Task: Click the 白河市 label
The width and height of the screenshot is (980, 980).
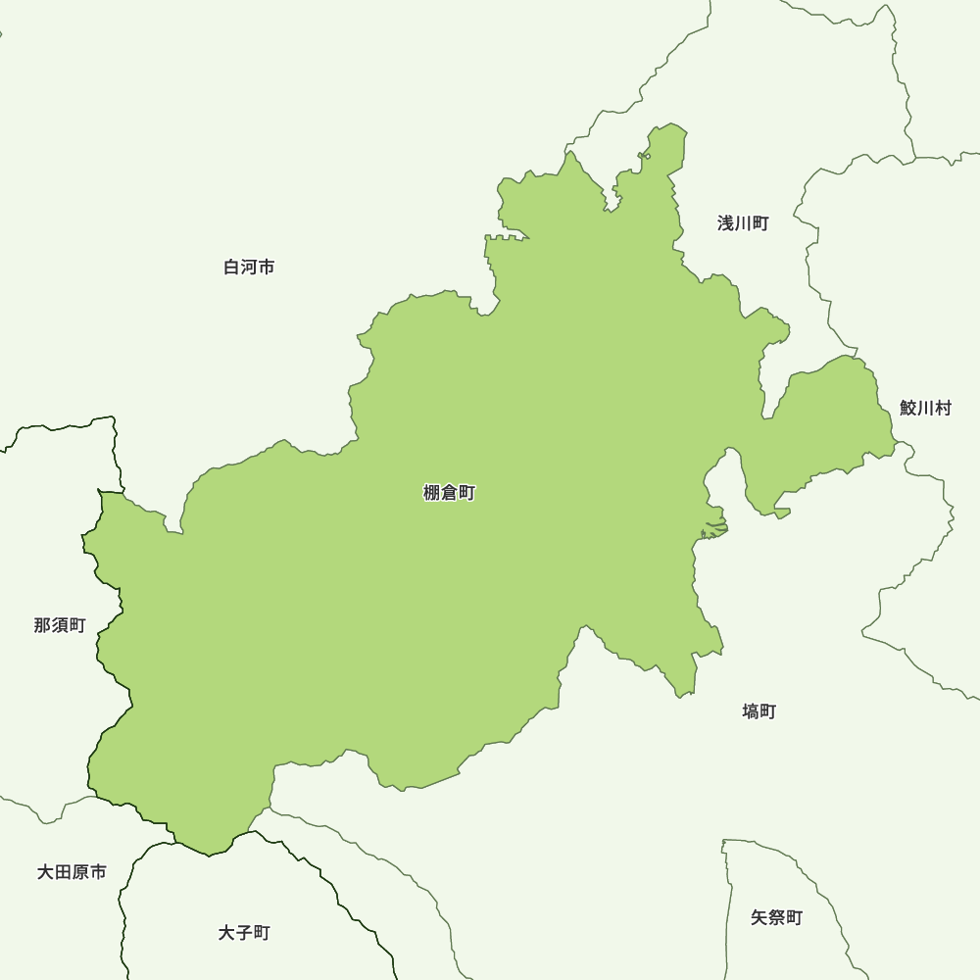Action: (249, 267)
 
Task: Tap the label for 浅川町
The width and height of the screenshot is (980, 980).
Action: (743, 223)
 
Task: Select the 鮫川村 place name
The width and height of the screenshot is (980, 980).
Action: (925, 408)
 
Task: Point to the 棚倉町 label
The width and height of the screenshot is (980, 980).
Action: (449, 493)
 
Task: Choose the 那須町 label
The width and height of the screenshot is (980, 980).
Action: (60, 625)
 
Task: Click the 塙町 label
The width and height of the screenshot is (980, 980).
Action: (759, 711)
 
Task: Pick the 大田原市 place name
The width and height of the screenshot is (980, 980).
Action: (72, 871)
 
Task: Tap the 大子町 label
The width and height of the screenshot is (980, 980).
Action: (244, 932)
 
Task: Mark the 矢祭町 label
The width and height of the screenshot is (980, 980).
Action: (776, 917)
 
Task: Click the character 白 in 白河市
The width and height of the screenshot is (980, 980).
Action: (232, 267)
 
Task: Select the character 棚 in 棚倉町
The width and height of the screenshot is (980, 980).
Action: (432, 493)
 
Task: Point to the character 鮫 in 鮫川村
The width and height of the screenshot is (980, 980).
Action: (908, 408)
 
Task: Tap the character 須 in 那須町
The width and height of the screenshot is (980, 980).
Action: (60, 625)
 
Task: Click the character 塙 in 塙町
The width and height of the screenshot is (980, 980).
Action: (751, 711)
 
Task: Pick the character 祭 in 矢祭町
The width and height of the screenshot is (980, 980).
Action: (776, 917)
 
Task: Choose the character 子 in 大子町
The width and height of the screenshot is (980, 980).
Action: (244, 932)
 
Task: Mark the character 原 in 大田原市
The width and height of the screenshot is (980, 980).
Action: (80, 871)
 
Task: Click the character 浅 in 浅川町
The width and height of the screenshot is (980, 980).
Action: (726, 223)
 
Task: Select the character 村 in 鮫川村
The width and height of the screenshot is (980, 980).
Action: (943, 408)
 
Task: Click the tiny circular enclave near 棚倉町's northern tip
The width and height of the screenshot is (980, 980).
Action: (647, 156)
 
